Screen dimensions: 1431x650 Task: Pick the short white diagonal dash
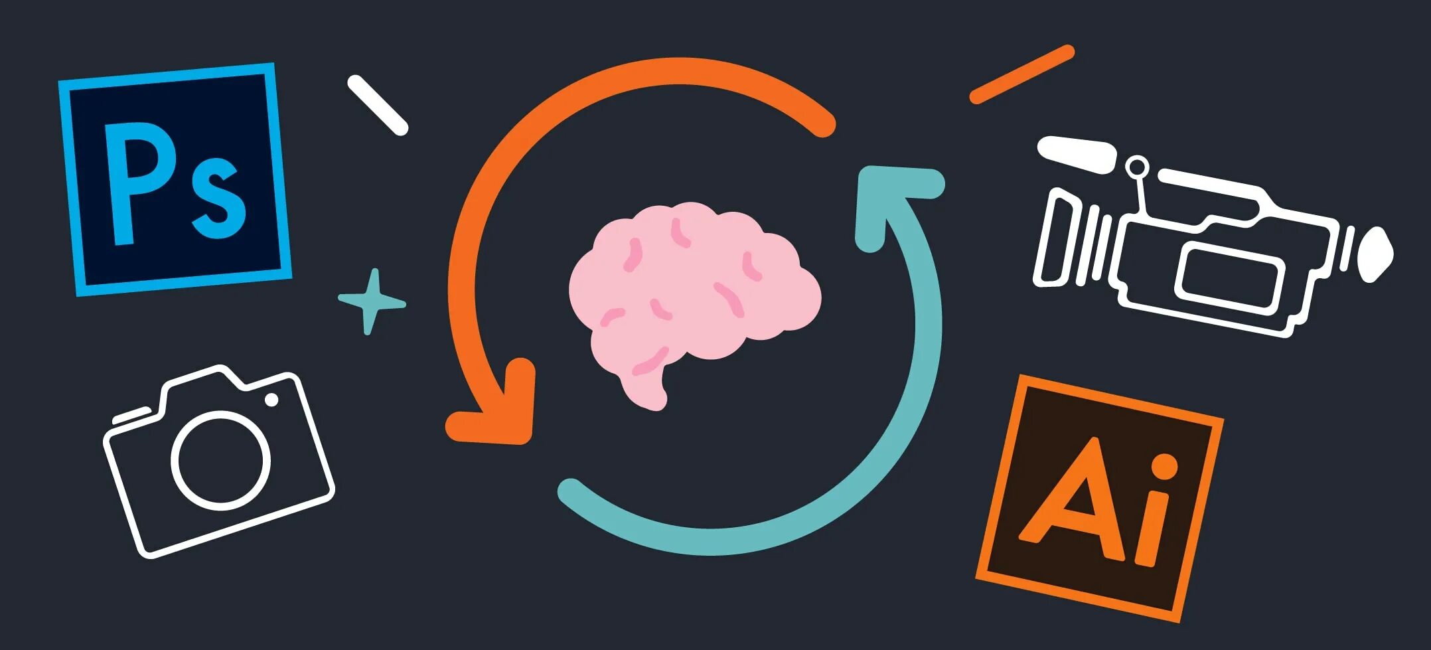pyautogui.click(x=377, y=105)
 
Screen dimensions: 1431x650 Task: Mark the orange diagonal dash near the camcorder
pyautogui.click(x=1021, y=74)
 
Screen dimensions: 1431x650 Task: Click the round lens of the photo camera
pyautogui.click(x=221, y=459)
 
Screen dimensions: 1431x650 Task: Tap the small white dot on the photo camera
pyautogui.click(x=271, y=400)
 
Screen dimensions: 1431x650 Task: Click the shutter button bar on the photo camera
pyautogui.click(x=131, y=416)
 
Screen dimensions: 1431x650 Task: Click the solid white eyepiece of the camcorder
pyautogui.click(x=1374, y=254)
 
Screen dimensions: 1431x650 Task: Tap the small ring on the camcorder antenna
pyautogui.click(x=1137, y=167)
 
